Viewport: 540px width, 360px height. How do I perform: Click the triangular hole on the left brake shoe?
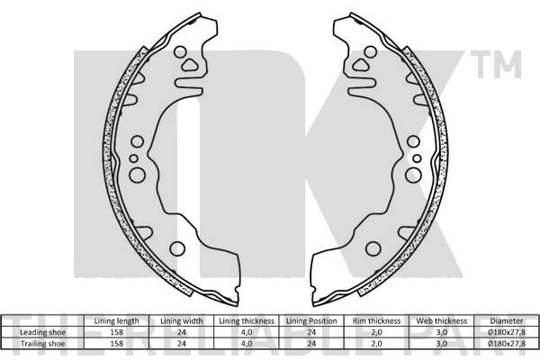(x=190, y=65)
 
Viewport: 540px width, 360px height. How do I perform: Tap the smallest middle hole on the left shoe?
(x=133, y=158)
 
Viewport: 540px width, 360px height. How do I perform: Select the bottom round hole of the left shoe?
(x=177, y=248)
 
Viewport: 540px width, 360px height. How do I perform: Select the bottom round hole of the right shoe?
(x=371, y=248)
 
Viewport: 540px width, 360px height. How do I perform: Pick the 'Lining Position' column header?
(x=311, y=320)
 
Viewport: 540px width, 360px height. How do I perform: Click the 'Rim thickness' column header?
(x=377, y=320)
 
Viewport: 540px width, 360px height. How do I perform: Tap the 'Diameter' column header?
(x=508, y=320)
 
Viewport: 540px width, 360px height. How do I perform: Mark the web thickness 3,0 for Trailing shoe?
(x=442, y=342)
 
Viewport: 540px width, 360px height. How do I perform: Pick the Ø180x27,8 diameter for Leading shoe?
(x=508, y=331)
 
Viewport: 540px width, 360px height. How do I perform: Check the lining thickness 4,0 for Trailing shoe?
(x=246, y=342)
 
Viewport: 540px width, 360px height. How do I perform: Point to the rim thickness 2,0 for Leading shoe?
(x=377, y=331)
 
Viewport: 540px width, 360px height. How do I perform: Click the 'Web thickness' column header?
(x=442, y=320)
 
